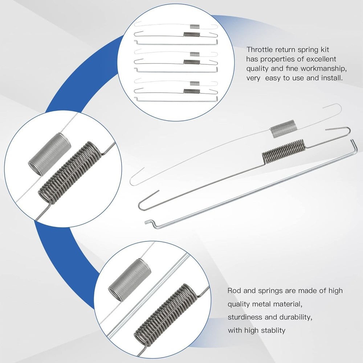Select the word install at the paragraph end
click(332, 78)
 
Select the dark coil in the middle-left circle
click(69, 173)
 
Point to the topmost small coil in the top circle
click(195, 26)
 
